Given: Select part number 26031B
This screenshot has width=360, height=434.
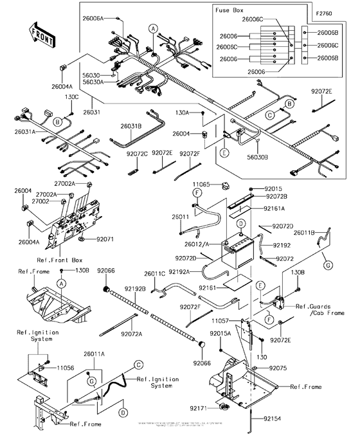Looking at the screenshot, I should click(131, 126).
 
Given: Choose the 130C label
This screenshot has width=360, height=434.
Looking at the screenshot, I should click(71, 96).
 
